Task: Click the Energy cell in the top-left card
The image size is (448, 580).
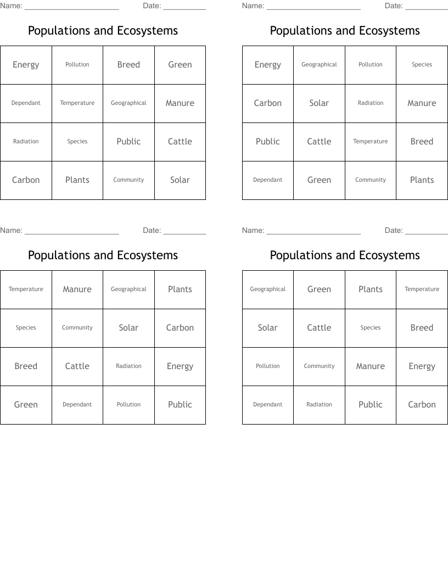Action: click(x=26, y=65)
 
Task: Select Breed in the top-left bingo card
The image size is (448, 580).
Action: click(x=128, y=65)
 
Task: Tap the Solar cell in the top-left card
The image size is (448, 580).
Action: click(x=180, y=180)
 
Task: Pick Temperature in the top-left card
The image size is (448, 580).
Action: click(x=77, y=103)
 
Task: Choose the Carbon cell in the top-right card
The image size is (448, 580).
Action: click(x=268, y=103)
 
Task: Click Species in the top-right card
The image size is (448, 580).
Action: click(x=422, y=65)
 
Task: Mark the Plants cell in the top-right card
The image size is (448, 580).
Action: click(x=422, y=180)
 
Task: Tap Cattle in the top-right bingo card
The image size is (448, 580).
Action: click(x=319, y=142)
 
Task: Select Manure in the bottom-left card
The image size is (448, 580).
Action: click(x=77, y=289)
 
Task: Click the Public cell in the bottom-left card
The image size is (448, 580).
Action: click(x=180, y=405)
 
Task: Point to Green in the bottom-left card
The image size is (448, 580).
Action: click(x=26, y=405)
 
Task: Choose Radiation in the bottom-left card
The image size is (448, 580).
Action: click(x=128, y=366)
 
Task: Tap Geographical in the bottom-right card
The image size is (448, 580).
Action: click(x=268, y=289)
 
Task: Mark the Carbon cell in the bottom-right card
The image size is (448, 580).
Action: click(x=422, y=405)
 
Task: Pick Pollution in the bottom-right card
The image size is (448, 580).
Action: click(x=268, y=366)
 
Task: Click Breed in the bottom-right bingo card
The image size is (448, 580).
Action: click(x=422, y=328)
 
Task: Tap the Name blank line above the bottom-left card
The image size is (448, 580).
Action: click(x=71, y=233)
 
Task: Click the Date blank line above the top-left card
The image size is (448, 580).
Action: click(x=184, y=9)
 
